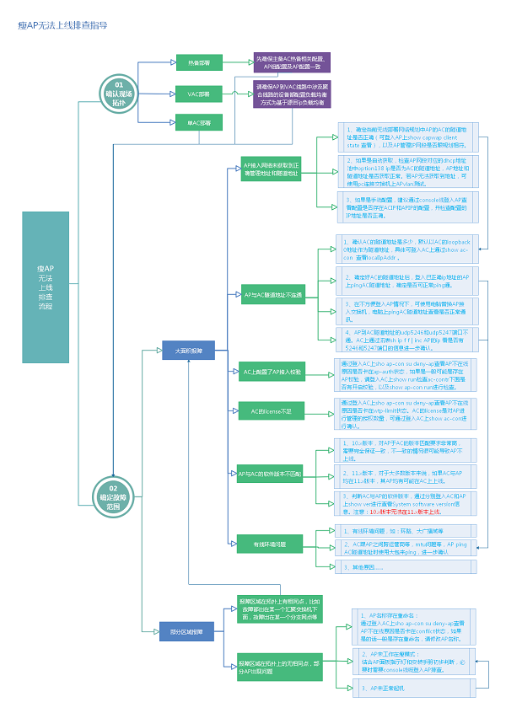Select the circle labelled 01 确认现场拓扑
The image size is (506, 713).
tap(118, 91)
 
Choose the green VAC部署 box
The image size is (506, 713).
tap(199, 93)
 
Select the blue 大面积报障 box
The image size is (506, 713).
tap(188, 350)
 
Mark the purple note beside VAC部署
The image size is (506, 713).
tap(292, 94)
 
